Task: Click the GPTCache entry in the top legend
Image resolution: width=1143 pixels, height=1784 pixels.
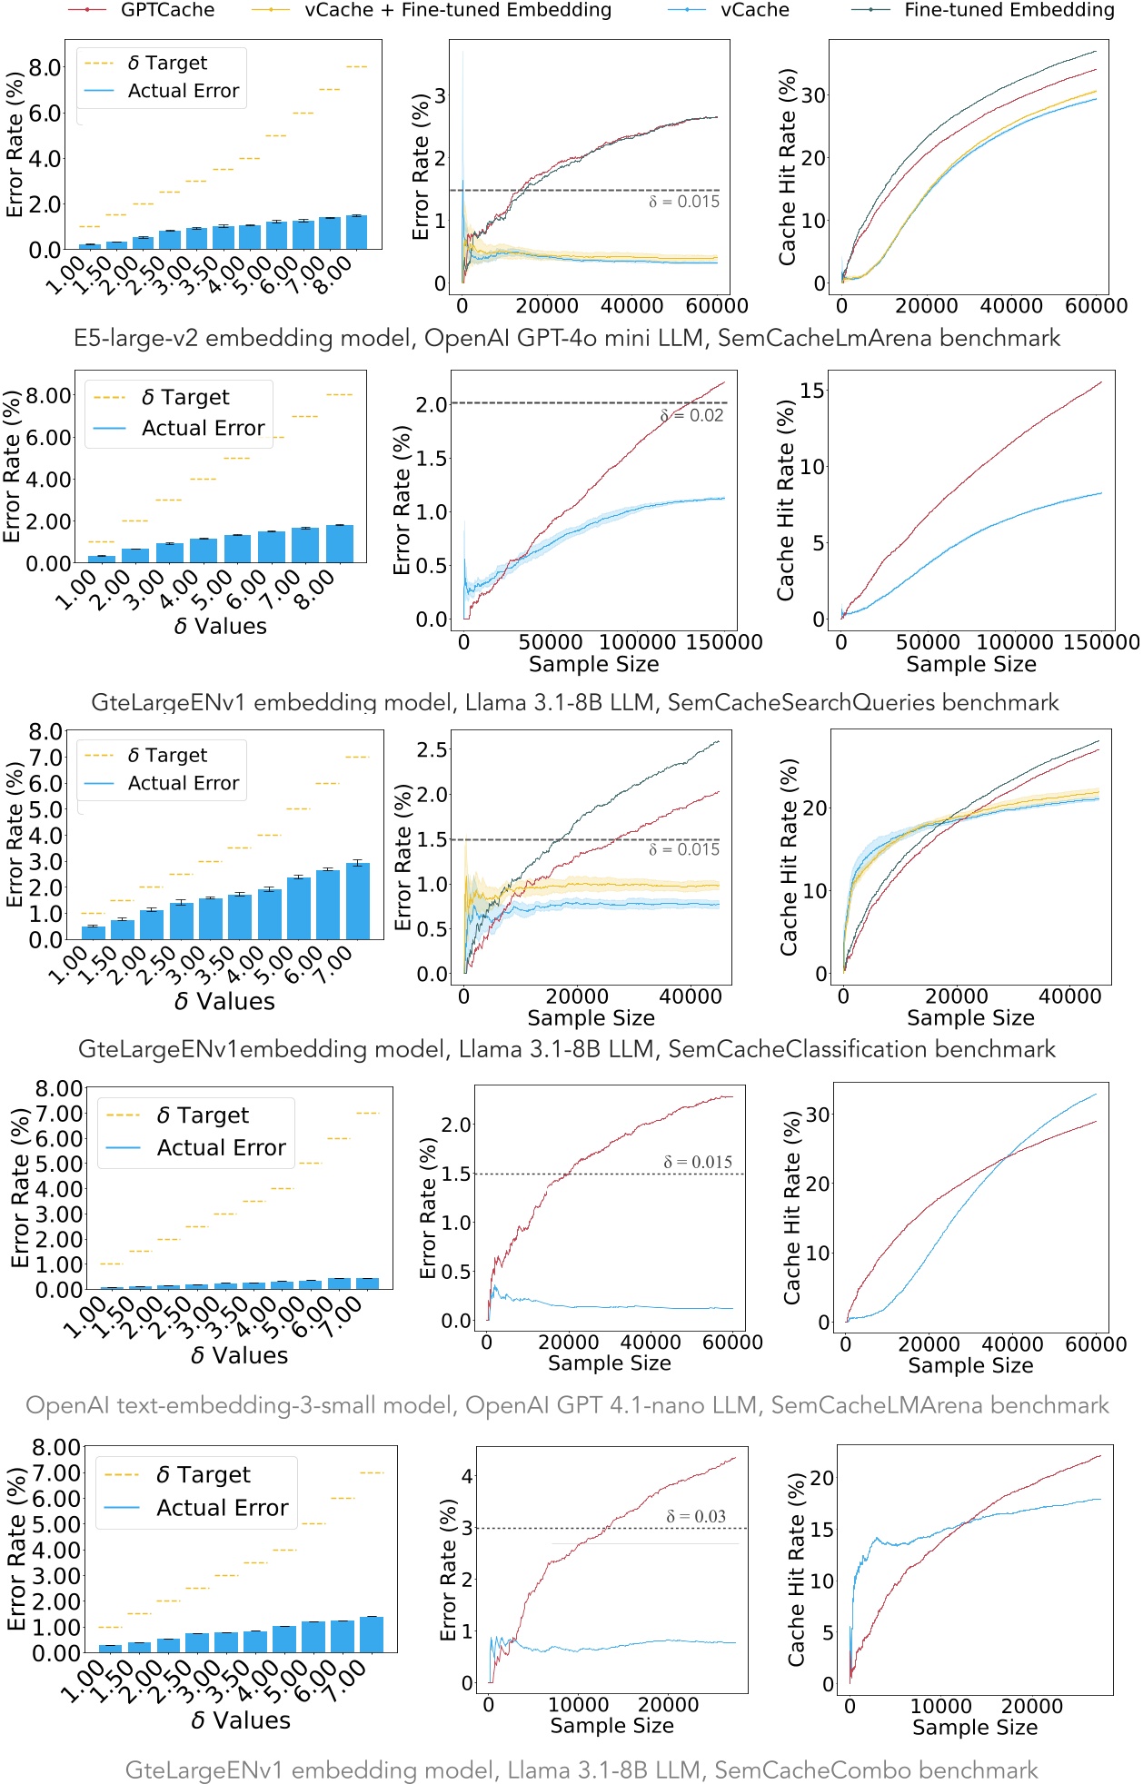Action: pyautogui.click(x=167, y=11)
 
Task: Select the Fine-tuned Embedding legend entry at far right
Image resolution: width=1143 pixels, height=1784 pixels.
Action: pyautogui.click(x=1009, y=11)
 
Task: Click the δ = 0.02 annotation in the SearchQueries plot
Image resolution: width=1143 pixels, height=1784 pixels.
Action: pyautogui.click(x=692, y=416)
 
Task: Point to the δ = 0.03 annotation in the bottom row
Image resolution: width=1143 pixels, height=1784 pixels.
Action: pyautogui.click(x=696, y=1516)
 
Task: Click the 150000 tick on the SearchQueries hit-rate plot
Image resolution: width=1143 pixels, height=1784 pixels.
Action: pyautogui.click(x=1100, y=642)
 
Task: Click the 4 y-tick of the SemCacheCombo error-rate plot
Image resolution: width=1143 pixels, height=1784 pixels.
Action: pyautogui.click(x=467, y=1476)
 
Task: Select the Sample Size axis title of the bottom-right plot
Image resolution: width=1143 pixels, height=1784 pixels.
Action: pyautogui.click(x=974, y=1727)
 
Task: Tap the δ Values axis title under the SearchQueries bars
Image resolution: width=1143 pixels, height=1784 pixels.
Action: pyautogui.click(x=221, y=627)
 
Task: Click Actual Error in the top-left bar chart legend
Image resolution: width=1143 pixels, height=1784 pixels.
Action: pyautogui.click(x=183, y=91)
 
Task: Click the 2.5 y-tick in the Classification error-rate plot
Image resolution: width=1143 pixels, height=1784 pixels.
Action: pyautogui.click(x=432, y=750)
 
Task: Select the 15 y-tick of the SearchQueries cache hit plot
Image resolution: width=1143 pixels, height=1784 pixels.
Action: pyautogui.click(x=812, y=391)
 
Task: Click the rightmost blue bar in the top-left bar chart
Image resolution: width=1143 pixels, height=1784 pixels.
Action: pyautogui.click(x=356, y=233)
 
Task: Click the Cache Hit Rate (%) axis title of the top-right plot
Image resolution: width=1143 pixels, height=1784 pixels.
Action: pyautogui.click(x=788, y=166)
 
